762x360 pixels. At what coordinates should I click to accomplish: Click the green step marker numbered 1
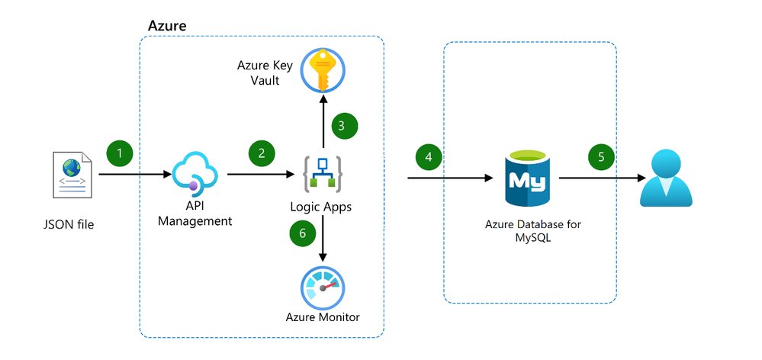(119, 153)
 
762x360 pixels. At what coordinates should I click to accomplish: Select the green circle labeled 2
(262, 153)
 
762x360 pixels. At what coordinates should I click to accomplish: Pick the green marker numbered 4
(429, 157)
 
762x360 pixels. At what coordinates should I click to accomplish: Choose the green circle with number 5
(601, 157)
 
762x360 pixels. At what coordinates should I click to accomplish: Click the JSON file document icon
(74, 174)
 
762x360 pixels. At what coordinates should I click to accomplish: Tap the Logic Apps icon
(322, 175)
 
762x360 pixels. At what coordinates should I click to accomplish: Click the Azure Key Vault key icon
(322, 72)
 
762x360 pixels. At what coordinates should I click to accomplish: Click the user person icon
(666, 179)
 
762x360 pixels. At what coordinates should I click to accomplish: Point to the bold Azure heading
(166, 26)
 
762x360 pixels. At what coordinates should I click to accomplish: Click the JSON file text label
(73, 227)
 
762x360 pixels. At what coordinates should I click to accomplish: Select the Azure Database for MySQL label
(530, 231)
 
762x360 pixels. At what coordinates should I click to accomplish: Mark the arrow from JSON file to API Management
(134, 175)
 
